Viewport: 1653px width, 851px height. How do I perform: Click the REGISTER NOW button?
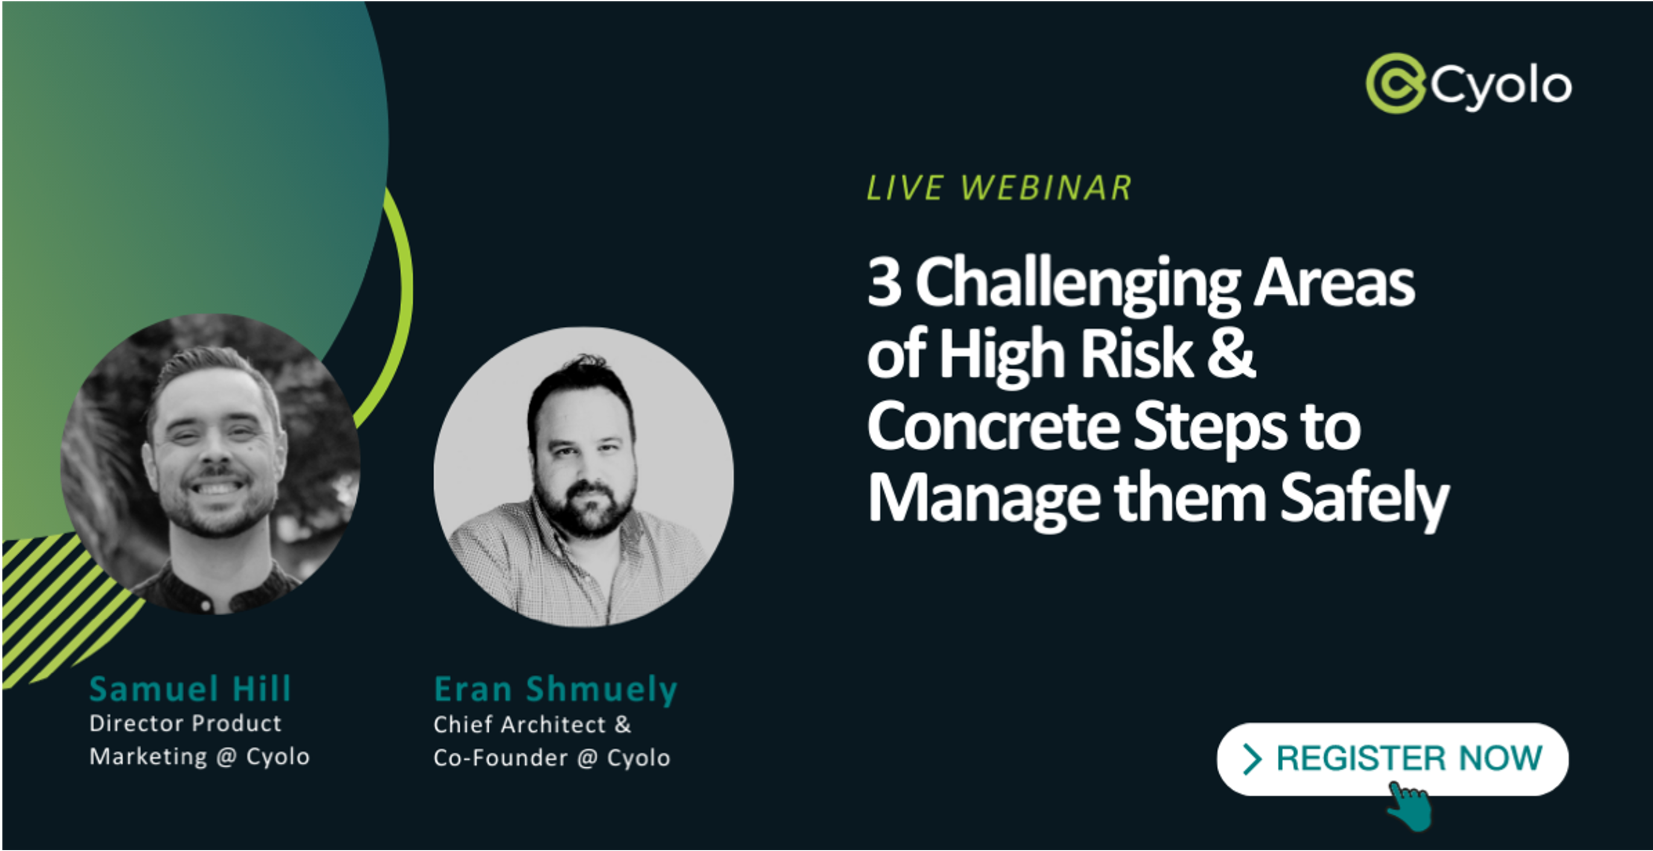coord(1392,759)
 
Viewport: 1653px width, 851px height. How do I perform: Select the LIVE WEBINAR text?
coord(999,188)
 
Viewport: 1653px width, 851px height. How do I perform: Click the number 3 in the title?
coord(884,282)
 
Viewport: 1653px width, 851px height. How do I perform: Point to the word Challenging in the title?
coord(1078,286)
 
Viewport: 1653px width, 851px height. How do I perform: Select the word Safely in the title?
coord(1365,499)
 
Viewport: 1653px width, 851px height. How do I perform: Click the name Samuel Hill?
coord(191,689)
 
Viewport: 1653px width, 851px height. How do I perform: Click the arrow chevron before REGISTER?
coord(1252,759)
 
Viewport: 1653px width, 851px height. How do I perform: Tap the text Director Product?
coord(185,723)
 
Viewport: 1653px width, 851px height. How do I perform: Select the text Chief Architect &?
coord(533,725)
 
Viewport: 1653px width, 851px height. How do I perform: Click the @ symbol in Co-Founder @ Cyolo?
coord(587,759)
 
